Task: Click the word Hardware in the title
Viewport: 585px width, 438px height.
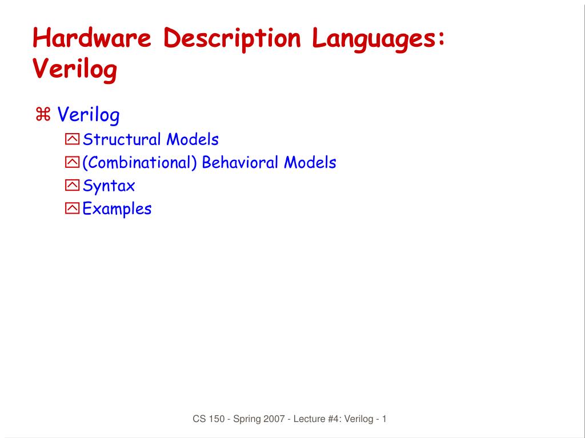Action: coord(92,38)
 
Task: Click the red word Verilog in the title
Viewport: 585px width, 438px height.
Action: coord(75,69)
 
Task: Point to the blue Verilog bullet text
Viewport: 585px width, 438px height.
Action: coord(89,115)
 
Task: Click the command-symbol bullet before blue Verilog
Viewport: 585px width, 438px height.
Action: coord(43,115)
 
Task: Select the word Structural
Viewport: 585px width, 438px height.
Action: coord(122,139)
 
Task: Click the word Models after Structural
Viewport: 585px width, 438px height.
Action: coord(193,139)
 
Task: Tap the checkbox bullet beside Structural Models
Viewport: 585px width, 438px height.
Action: coord(72,139)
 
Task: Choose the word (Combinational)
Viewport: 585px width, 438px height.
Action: coord(139,163)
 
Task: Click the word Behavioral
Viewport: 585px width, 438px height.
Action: coord(241,163)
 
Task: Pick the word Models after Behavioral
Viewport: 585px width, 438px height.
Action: coord(310,163)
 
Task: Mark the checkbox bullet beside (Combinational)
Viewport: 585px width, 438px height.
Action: coord(72,163)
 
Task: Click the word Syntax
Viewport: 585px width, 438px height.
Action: coord(109,186)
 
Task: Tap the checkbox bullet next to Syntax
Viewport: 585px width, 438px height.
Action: coord(72,186)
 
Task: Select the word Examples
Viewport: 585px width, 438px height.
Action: coord(117,208)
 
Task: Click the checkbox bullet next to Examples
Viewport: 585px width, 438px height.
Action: coord(72,208)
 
